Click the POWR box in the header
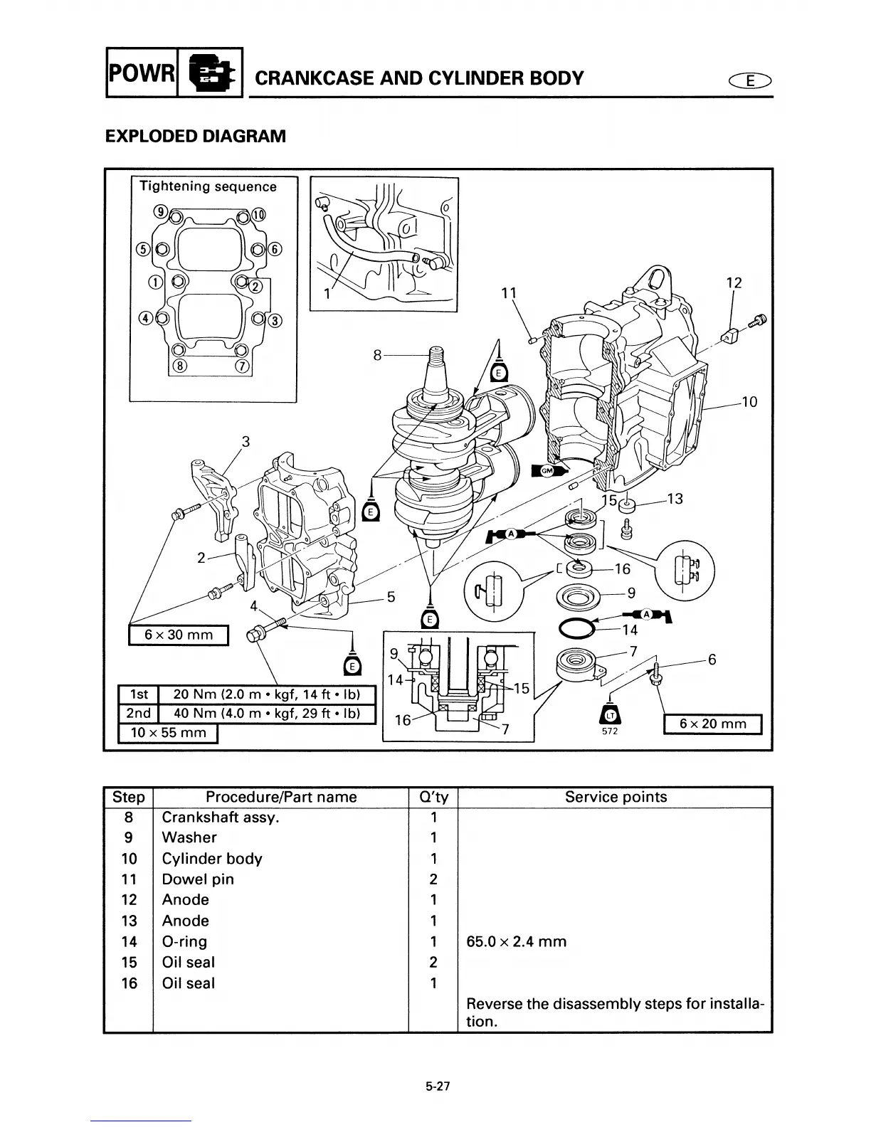tap(140, 72)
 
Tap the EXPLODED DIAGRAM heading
tap(195, 136)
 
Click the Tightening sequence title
tap(208, 186)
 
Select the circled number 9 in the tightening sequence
tap(161, 211)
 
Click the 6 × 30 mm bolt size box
tap(179, 635)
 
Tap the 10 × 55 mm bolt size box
tap(168, 733)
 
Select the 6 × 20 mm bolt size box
tap(712, 724)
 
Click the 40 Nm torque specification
tap(266, 713)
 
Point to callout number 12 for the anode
tap(734, 282)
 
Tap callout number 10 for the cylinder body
tap(749, 402)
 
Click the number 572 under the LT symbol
tap(609, 732)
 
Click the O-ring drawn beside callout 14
tap(576, 628)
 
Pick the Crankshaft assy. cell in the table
tap(221, 817)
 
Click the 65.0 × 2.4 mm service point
tap(516, 941)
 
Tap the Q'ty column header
tap(433, 797)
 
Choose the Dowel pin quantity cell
tap(433, 879)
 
